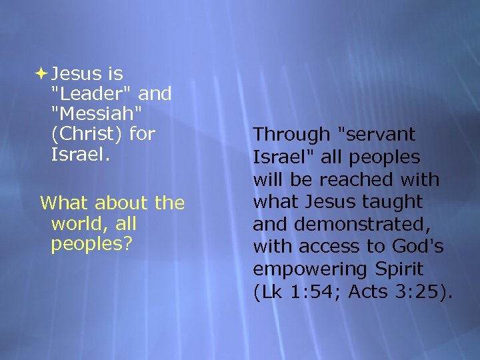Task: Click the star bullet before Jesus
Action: click(x=42, y=73)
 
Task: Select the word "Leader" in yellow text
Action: click(x=92, y=94)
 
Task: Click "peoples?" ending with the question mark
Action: click(x=91, y=243)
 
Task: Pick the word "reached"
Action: click(x=374, y=179)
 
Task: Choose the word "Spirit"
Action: click(x=397, y=269)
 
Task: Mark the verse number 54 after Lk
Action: click(x=316, y=292)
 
